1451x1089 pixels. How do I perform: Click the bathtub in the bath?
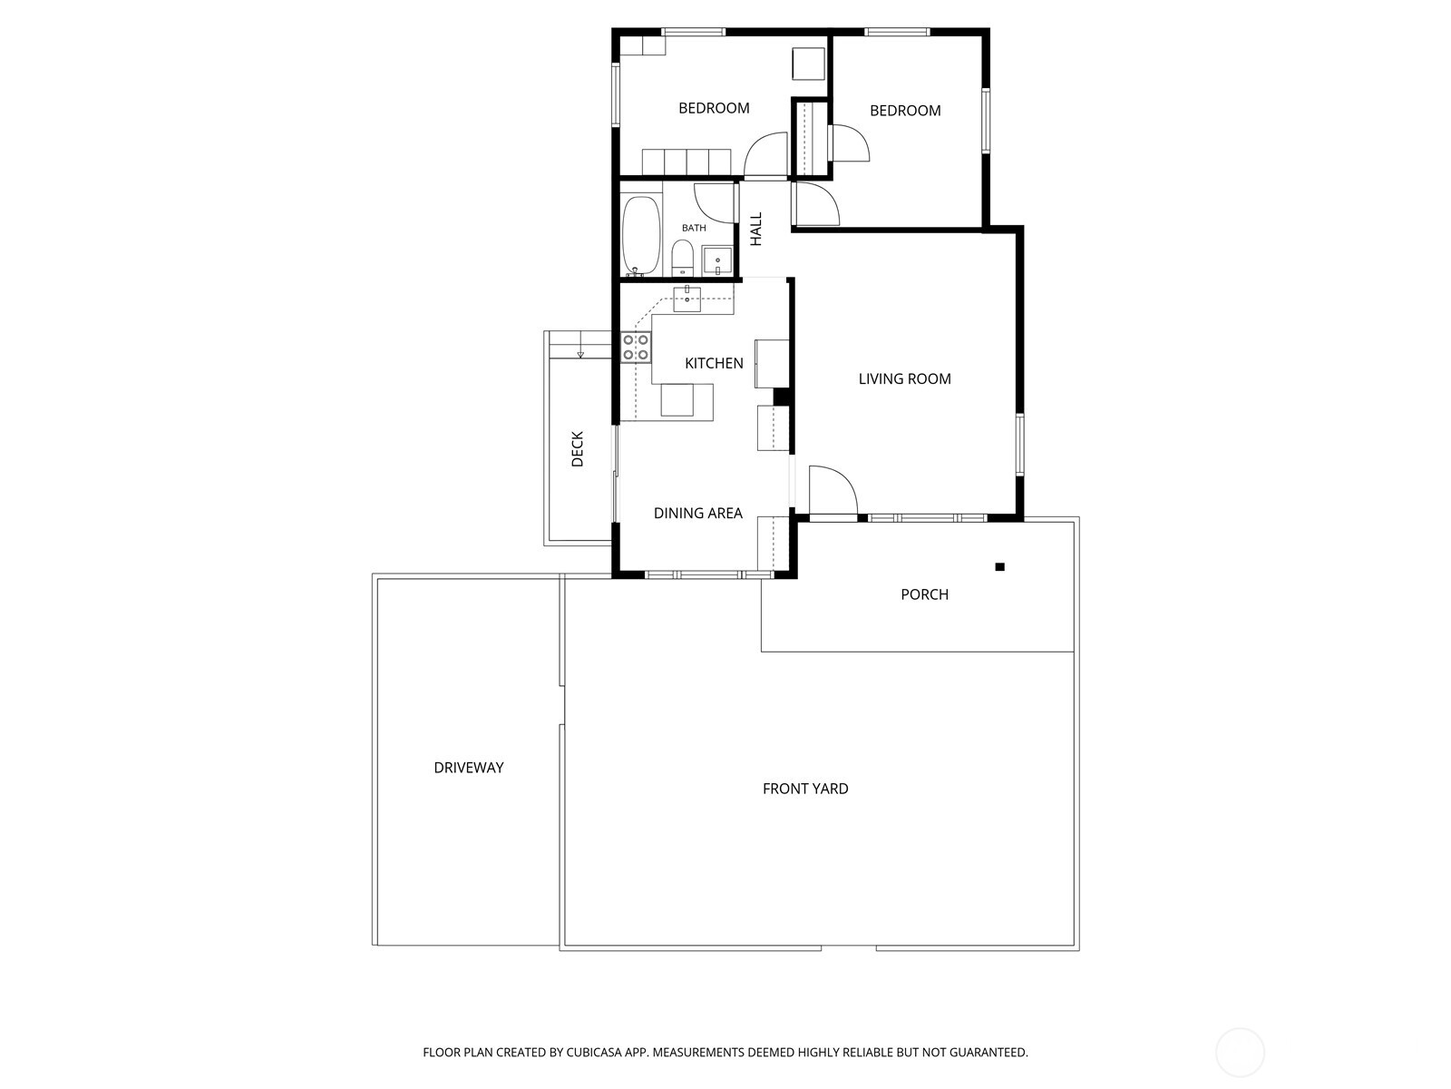pos(642,235)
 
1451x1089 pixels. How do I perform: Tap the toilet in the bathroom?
pos(683,258)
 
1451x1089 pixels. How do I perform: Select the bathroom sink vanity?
pos(717,260)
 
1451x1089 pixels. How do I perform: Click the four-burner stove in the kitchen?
pos(636,348)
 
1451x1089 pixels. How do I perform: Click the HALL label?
pos(756,229)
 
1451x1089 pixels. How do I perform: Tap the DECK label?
pos(578,448)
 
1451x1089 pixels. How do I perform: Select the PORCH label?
pos(924,594)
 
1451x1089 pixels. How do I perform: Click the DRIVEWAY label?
pos(468,768)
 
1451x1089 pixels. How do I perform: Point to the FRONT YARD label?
pos(805,789)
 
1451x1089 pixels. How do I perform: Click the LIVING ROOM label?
pos(904,379)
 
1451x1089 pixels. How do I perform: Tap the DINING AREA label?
pos(697,514)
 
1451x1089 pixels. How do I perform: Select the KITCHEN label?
pos(714,363)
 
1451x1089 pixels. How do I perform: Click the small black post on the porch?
pos(999,567)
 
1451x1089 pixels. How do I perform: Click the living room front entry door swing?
pos(830,493)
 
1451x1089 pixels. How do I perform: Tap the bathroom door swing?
pos(714,201)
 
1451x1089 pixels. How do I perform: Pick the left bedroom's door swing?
pos(765,154)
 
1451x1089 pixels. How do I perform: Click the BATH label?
pos(694,228)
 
